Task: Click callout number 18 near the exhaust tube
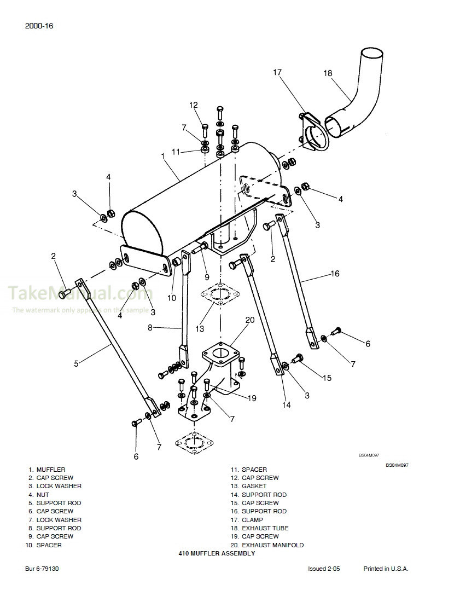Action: tap(328, 73)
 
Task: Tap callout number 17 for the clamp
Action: tap(277, 72)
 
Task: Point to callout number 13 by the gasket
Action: tap(200, 328)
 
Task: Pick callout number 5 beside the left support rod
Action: tap(76, 362)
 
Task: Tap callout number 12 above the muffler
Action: tap(193, 105)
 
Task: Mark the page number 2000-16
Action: tap(38, 26)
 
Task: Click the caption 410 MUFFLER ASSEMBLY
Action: tap(217, 553)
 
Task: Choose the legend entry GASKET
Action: tap(254, 486)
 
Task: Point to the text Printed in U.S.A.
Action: tap(386, 569)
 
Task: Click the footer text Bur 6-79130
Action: tap(42, 569)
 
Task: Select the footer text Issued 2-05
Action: tap(324, 569)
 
